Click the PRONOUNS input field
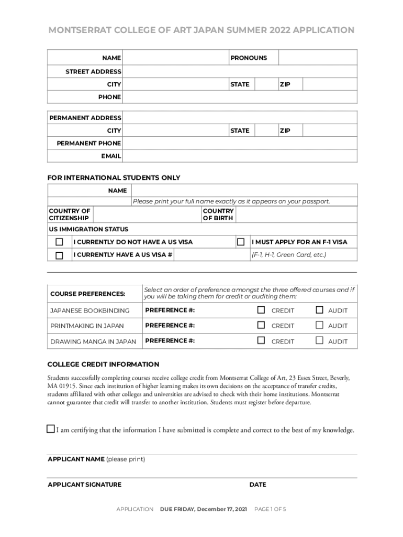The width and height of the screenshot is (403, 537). coord(318,58)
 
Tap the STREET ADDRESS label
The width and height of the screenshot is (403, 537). coord(93,71)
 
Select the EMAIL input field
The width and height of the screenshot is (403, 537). coord(240,156)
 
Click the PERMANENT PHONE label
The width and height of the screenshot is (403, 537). coord(89,143)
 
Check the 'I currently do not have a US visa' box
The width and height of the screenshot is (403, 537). coord(59,242)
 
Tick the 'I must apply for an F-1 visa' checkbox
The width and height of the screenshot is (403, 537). coord(241,242)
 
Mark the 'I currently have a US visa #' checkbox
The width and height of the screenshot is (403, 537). coord(59,255)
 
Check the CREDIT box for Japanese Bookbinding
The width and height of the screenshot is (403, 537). coord(261,310)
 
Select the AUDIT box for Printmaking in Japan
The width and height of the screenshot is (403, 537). coord(319,325)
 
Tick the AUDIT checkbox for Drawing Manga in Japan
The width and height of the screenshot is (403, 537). coord(319,340)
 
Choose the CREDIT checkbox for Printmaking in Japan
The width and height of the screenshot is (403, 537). coord(261,325)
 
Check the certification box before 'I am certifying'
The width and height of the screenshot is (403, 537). coord(51,429)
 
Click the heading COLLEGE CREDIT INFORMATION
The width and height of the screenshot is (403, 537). coord(103,364)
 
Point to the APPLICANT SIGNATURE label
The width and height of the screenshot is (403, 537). coord(84,485)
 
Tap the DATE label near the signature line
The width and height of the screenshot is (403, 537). coord(258,485)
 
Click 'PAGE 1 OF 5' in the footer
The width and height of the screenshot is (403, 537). coord(270,509)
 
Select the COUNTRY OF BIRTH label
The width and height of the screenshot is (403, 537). coord(218,214)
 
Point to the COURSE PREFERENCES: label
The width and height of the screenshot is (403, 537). coord(87,294)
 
